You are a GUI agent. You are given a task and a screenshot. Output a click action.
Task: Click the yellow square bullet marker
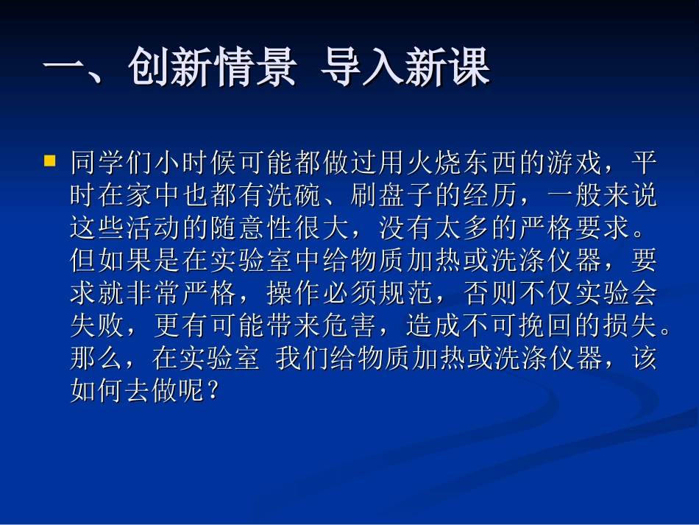50,159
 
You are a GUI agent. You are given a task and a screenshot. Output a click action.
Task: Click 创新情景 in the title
212,71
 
